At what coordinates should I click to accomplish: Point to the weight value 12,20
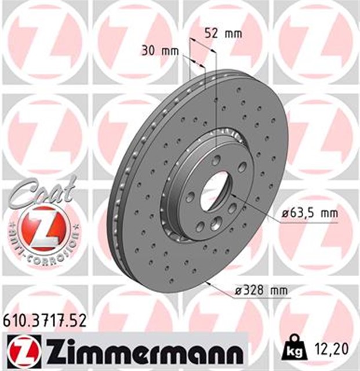(x=332, y=350)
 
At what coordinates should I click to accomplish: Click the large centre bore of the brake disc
(x=212, y=193)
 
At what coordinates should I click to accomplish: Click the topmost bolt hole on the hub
(x=216, y=160)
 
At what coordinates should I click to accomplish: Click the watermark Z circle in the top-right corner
(x=316, y=41)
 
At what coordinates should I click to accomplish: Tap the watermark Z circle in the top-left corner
(x=43, y=41)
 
